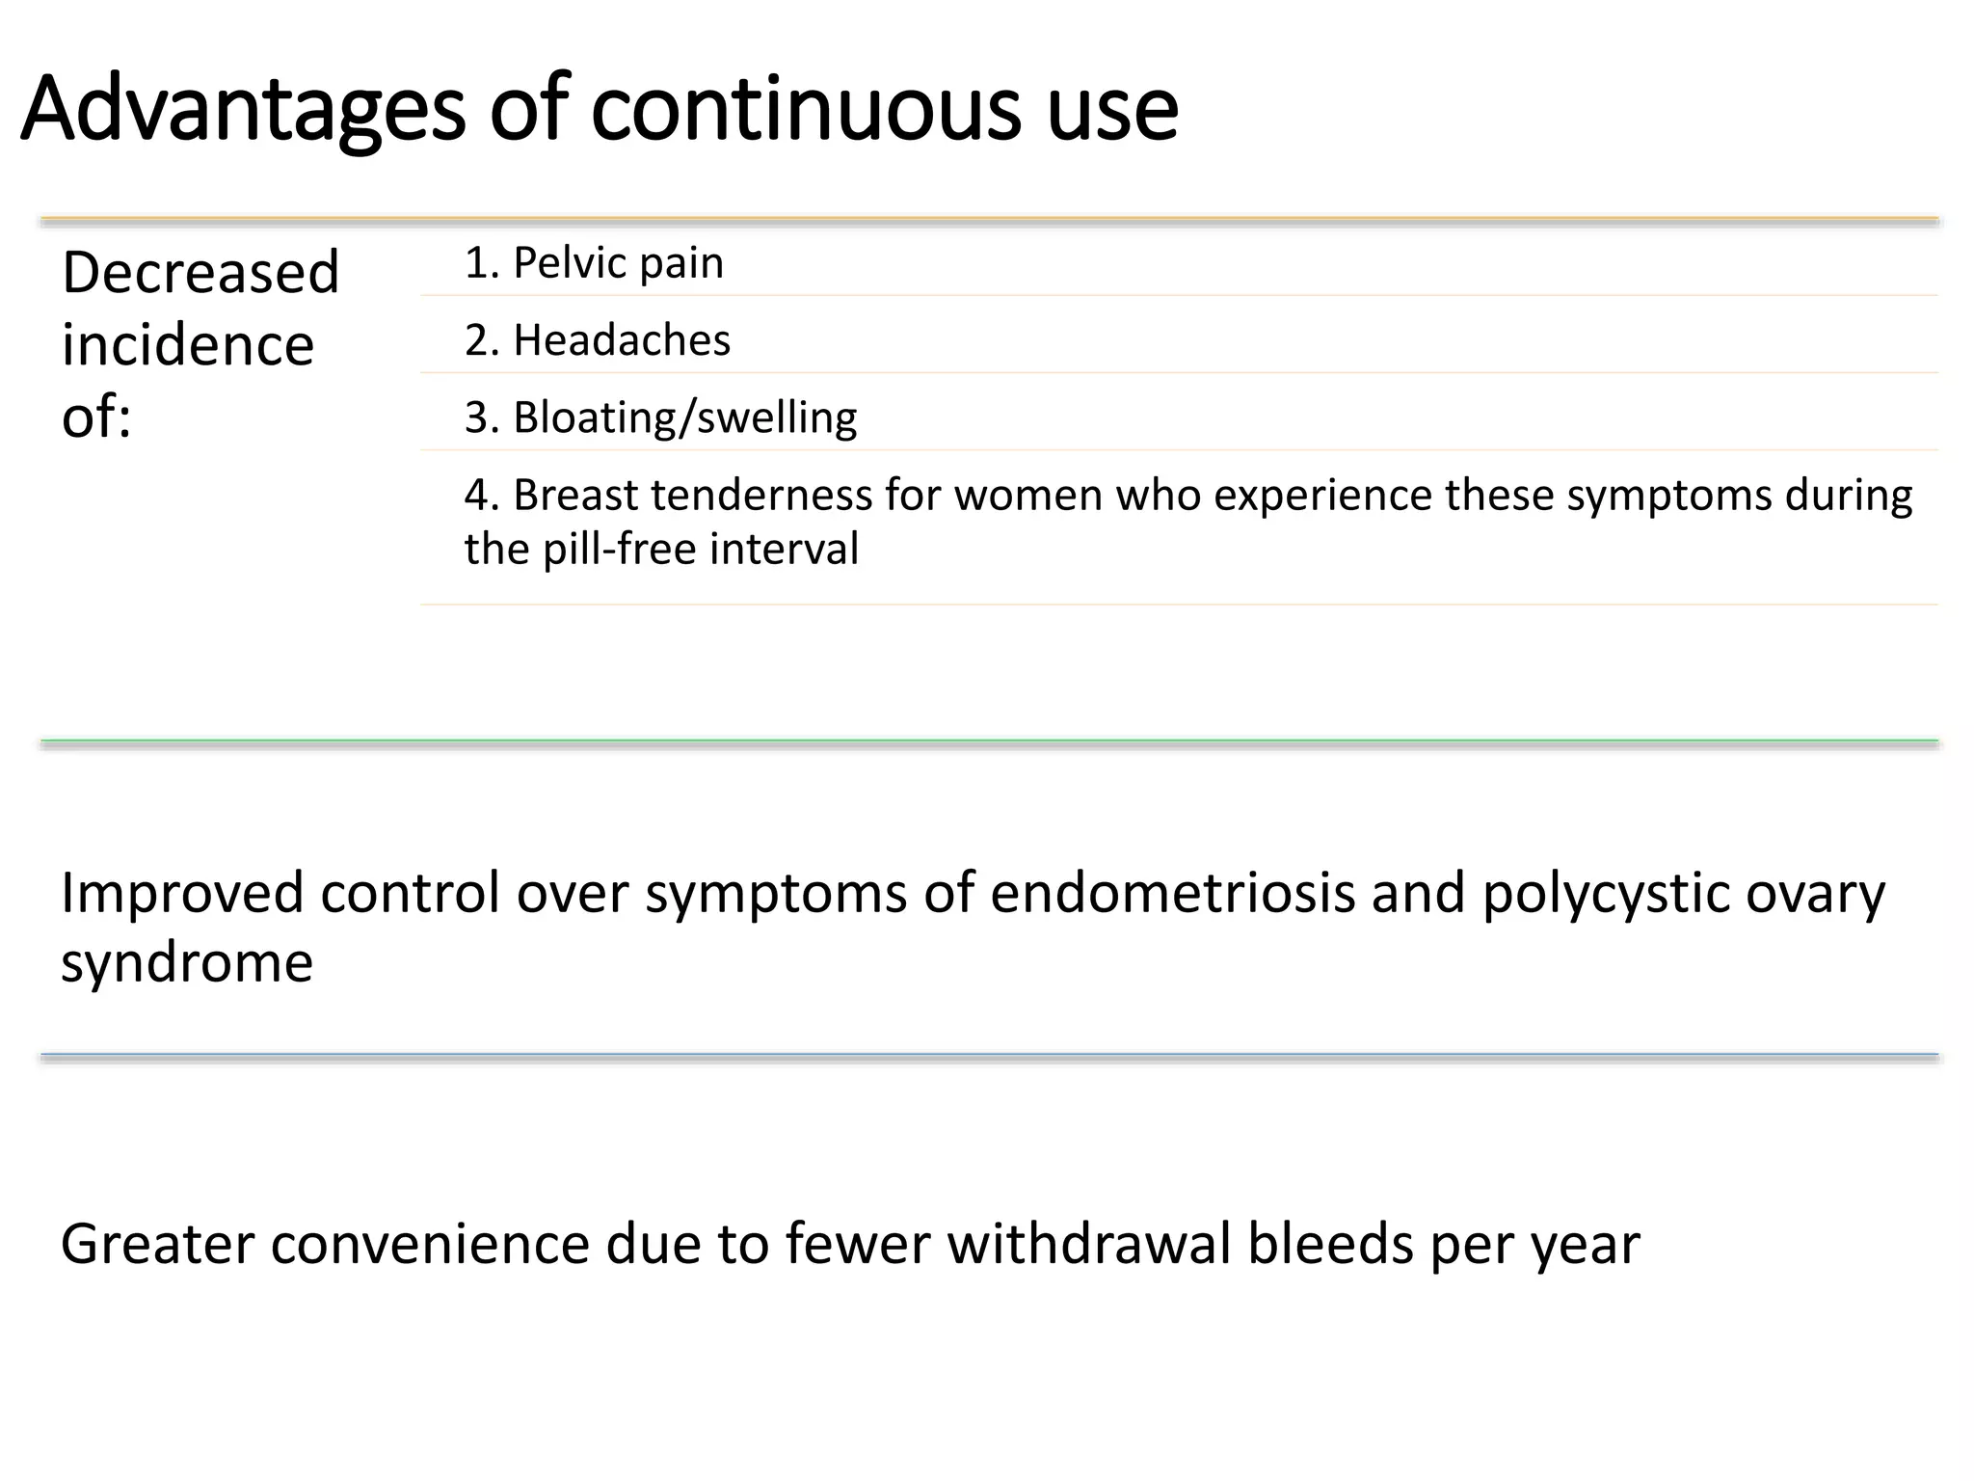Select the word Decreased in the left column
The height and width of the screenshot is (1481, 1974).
[200, 272]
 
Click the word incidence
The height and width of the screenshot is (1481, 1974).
[188, 345]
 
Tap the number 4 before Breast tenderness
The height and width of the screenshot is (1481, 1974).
[477, 496]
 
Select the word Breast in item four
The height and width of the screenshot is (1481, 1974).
[575, 496]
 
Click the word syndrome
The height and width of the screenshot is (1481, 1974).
[187, 962]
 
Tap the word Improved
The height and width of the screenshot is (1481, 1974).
[183, 893]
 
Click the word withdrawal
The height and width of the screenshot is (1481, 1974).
[1089, 1244]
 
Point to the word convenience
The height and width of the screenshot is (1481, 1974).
[429, 1244]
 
